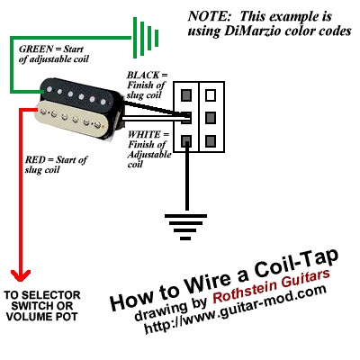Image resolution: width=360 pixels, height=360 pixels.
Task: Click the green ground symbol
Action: pyautogui.click(x=146, y=38)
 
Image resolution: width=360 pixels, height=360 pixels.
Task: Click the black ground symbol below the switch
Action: pyautogui.click(x=185, y=227)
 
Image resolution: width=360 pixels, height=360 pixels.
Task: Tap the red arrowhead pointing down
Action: pyautogui.click(x=21, y=275)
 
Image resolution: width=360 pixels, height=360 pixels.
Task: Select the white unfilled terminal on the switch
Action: pyautogui.click(x=211, y=95)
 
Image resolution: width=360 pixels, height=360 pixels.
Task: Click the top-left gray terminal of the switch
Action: pyautogui.click(x=186, y=95)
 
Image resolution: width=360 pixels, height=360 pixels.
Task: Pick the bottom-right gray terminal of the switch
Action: pyautogui.click(x=211, y=140)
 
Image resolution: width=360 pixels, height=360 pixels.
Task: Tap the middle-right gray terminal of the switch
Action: pyautogui.click(x=211, y=118)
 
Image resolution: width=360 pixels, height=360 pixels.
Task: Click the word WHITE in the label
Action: pyautogui.click(x=144, y=134)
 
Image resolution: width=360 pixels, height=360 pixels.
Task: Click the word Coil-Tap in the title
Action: pyautogui.click(x=296, y=264)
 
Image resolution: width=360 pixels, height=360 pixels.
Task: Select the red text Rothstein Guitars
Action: pyautogui.click(x=272, y=286)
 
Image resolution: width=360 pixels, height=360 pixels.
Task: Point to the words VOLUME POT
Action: pyautogui.click(x=42, y=317)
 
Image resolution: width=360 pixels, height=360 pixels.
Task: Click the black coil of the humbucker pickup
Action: pyautogui.click(x=78, y=93)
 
